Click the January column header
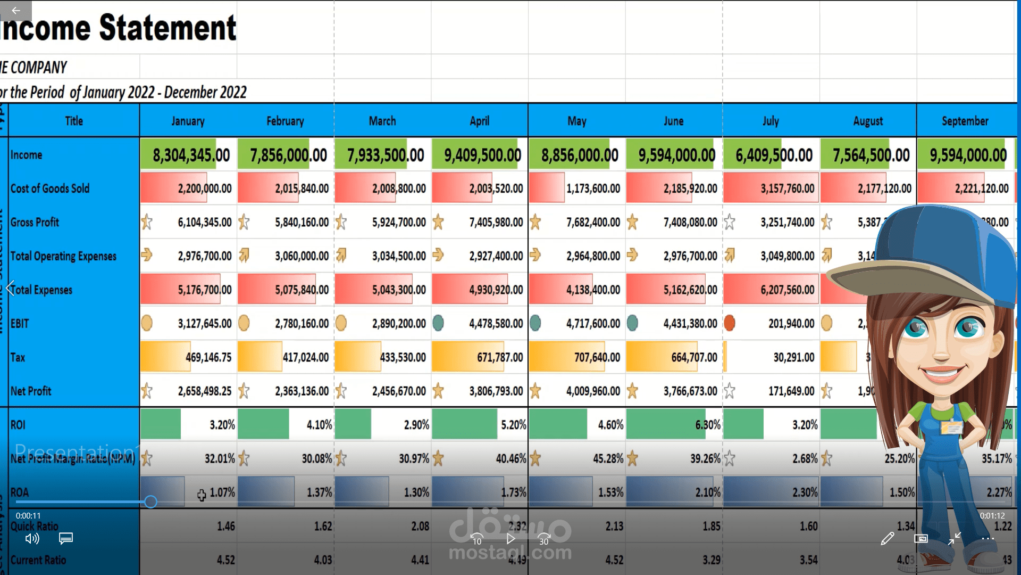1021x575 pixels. [x=188, y=121]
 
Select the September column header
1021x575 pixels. [x=965, y=121]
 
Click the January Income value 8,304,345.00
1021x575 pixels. [x=191, y=155]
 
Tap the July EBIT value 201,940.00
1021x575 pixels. [x=791, y=324]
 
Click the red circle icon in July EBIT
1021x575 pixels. [x=730, y=323]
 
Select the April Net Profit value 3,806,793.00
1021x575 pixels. [x=496, y=391]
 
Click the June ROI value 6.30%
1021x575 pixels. [x=707, y=425]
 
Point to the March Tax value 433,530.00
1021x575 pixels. [x=403, y=357]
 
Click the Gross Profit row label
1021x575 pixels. [x=35, y=223]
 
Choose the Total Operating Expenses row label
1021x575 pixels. [x=63, y=256]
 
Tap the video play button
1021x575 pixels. [x=510, y=539]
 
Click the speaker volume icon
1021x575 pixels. [x=32, y=539]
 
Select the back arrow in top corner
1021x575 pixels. [x=15, y=10]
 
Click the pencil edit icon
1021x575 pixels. [x=887, y=539]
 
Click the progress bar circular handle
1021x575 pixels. [x=150, y=502]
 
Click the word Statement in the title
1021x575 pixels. [x=168, y=28]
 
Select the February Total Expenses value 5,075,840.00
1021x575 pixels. [x=302, y=290]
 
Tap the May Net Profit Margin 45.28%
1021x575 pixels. [x=608, y=458]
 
